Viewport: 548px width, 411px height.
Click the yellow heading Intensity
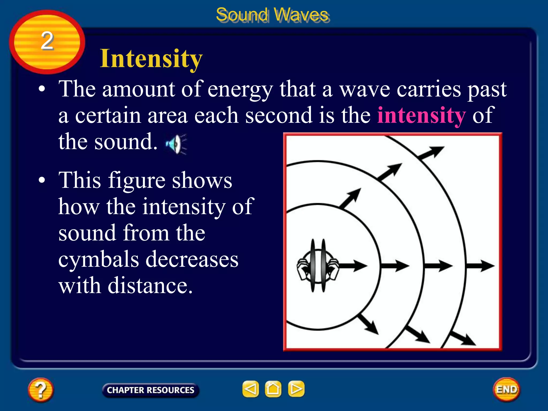coord(151,59)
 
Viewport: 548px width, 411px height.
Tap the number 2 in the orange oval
coord(47,41)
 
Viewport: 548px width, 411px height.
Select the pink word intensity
coord(421,115)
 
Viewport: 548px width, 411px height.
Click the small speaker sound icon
coord(176,144)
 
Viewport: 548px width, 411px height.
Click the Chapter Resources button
coord(150,390)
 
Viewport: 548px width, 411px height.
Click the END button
coord(507,389)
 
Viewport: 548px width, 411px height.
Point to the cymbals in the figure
coord(318,265)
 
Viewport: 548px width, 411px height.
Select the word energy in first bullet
coord(240,89)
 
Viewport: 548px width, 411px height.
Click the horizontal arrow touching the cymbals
coord(353,266)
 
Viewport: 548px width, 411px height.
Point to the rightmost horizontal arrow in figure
coord(480,266)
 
